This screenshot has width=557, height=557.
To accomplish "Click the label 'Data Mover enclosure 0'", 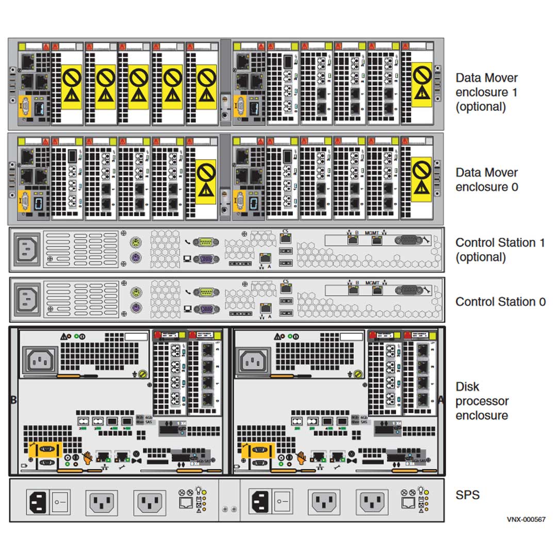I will pyautogui.click(x=486, y=179).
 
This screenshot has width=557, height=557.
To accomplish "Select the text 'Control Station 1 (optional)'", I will pyautogui.click(x=500, y=250).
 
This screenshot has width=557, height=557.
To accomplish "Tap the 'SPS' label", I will pyautogui.click(x=467, y=495).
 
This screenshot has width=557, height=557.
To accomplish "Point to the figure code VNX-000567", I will pyautogui.click(x=526, y=519).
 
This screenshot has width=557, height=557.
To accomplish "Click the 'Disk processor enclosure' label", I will pyautogui.click(x=482, y=401).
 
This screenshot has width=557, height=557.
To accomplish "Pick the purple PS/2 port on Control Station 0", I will pyautogui.click(x=136, y=308).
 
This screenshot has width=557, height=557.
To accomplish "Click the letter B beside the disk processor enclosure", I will pyautogui.click(x=13, y=399).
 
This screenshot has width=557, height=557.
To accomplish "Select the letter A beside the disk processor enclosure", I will pyautogui.click(x=441, y=399).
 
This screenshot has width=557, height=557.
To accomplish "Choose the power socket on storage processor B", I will pyautogui.click(x=42, y=361).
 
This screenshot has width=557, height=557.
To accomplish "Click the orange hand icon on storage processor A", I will pyautogui.click(x=301, y=456).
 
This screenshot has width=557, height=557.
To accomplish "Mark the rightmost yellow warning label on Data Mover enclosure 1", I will pyautogui.click(x=422, y=85).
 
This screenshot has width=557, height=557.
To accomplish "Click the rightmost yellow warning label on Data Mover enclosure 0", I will pyautogui.click(x=422, y=179).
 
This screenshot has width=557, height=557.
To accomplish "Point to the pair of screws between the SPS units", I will pyautogui.click(x=229, y=509).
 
